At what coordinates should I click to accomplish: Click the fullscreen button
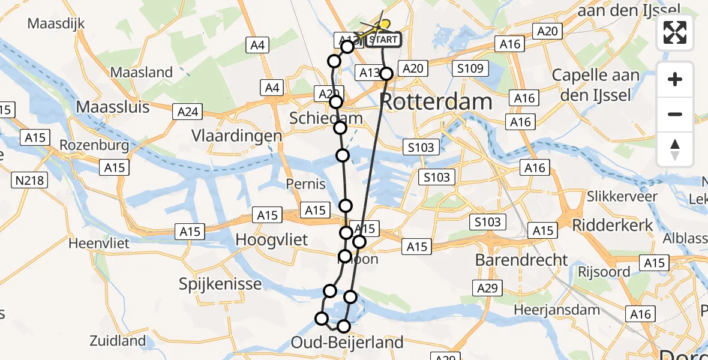tap(675, 32)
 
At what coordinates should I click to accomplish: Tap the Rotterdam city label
tap(436, 101)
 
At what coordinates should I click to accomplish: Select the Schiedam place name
tap(326, 118)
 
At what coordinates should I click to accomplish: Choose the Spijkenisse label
tap(220, 284)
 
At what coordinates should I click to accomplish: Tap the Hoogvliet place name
tap(271, 239)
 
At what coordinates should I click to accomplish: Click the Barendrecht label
tap(521, 260)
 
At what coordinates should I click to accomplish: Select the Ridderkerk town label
tap(611, 225)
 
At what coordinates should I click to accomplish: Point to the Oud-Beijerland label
tap(347, 343)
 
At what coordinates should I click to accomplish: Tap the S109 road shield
tap(470, 68)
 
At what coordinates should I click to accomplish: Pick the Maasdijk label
tap(56, 24)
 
